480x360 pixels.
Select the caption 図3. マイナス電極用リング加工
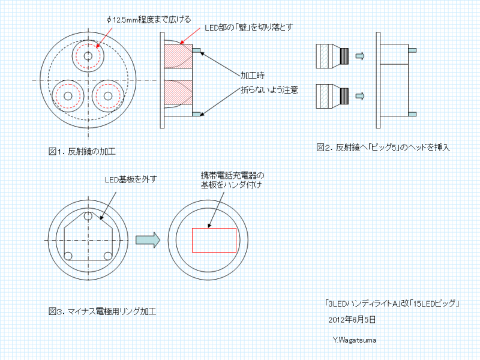pyautogui.click(x=103, y=311)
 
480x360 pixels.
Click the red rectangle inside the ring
pyautogui.click(x=214, y=240)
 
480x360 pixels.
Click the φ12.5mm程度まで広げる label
pyautogui.click(x=148, y=19)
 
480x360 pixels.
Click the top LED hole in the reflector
pyautogui.click(x=88, y=56)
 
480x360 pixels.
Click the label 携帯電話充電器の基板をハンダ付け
pyautogui.click(x=231, y=180)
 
